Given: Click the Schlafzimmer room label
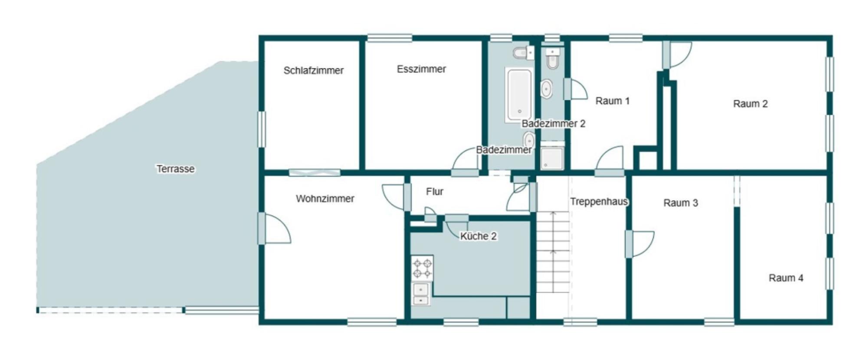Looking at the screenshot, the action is click(313, 70).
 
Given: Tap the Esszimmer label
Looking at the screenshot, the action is click(421, 69).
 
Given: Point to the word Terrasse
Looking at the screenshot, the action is click(175, 169).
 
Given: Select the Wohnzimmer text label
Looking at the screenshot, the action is click(325, 199).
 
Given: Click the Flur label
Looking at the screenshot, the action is click(434, 192).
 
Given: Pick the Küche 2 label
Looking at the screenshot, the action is click(478, 236).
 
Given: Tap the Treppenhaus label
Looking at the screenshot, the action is click(599, 202).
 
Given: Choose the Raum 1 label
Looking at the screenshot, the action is click(612, 101).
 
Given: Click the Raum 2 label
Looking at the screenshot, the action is click(750, 104).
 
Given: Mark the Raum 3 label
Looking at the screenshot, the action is click(680, 203).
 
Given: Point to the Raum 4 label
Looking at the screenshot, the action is click(786, 278).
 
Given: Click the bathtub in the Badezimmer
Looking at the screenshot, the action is click(519, 95).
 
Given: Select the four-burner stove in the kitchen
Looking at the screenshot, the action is click(422, 268).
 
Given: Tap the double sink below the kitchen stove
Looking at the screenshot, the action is click(421, 294).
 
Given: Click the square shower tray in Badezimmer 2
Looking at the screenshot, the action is click(552, 158).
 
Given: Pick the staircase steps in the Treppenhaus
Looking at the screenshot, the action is click(553, 252).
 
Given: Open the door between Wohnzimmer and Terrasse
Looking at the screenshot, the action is click(273, 229).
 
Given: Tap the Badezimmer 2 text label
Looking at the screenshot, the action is click(553, 124).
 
